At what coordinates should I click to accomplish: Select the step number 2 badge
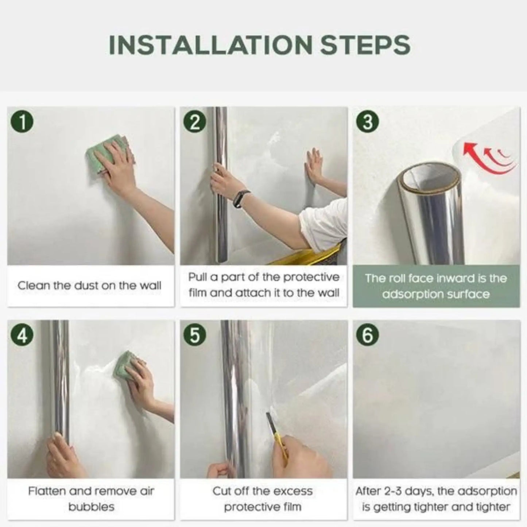click(195, 122)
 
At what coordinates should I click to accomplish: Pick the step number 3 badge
click(368, 122)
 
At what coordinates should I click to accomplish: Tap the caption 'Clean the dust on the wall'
click(89, 286)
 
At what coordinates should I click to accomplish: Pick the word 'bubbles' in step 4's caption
click(91, 507)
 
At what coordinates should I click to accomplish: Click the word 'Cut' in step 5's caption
click(221, 491)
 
